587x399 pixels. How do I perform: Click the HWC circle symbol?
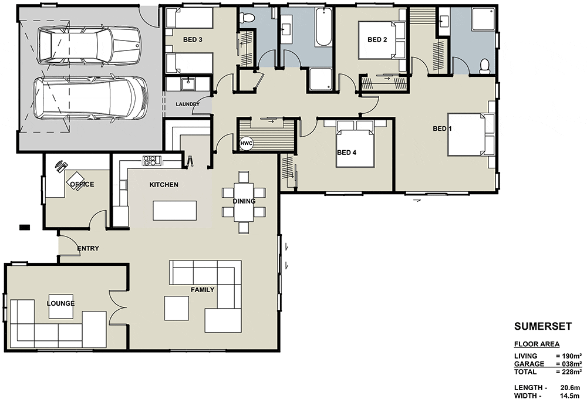(x=247, y=144)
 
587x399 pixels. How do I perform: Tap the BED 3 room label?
(x=193, y=39)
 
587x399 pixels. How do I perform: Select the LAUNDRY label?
(x=188, y=104)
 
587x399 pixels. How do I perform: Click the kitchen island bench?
(x=174, y=211)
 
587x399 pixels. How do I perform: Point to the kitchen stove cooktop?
(x=151, y=161)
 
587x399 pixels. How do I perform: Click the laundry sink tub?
(x=188, y=84)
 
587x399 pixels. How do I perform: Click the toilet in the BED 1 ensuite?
(x=485, y=66)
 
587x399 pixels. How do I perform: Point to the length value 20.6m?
(x=570, y=388)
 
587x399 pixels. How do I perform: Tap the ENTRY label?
(x=88, y=248)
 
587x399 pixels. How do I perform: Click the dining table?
(x=244, y=202)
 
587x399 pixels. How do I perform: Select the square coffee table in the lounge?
(x=61, y=306)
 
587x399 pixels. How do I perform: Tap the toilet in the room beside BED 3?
(x=247, y=17)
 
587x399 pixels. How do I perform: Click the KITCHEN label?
(x=164, y=184)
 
